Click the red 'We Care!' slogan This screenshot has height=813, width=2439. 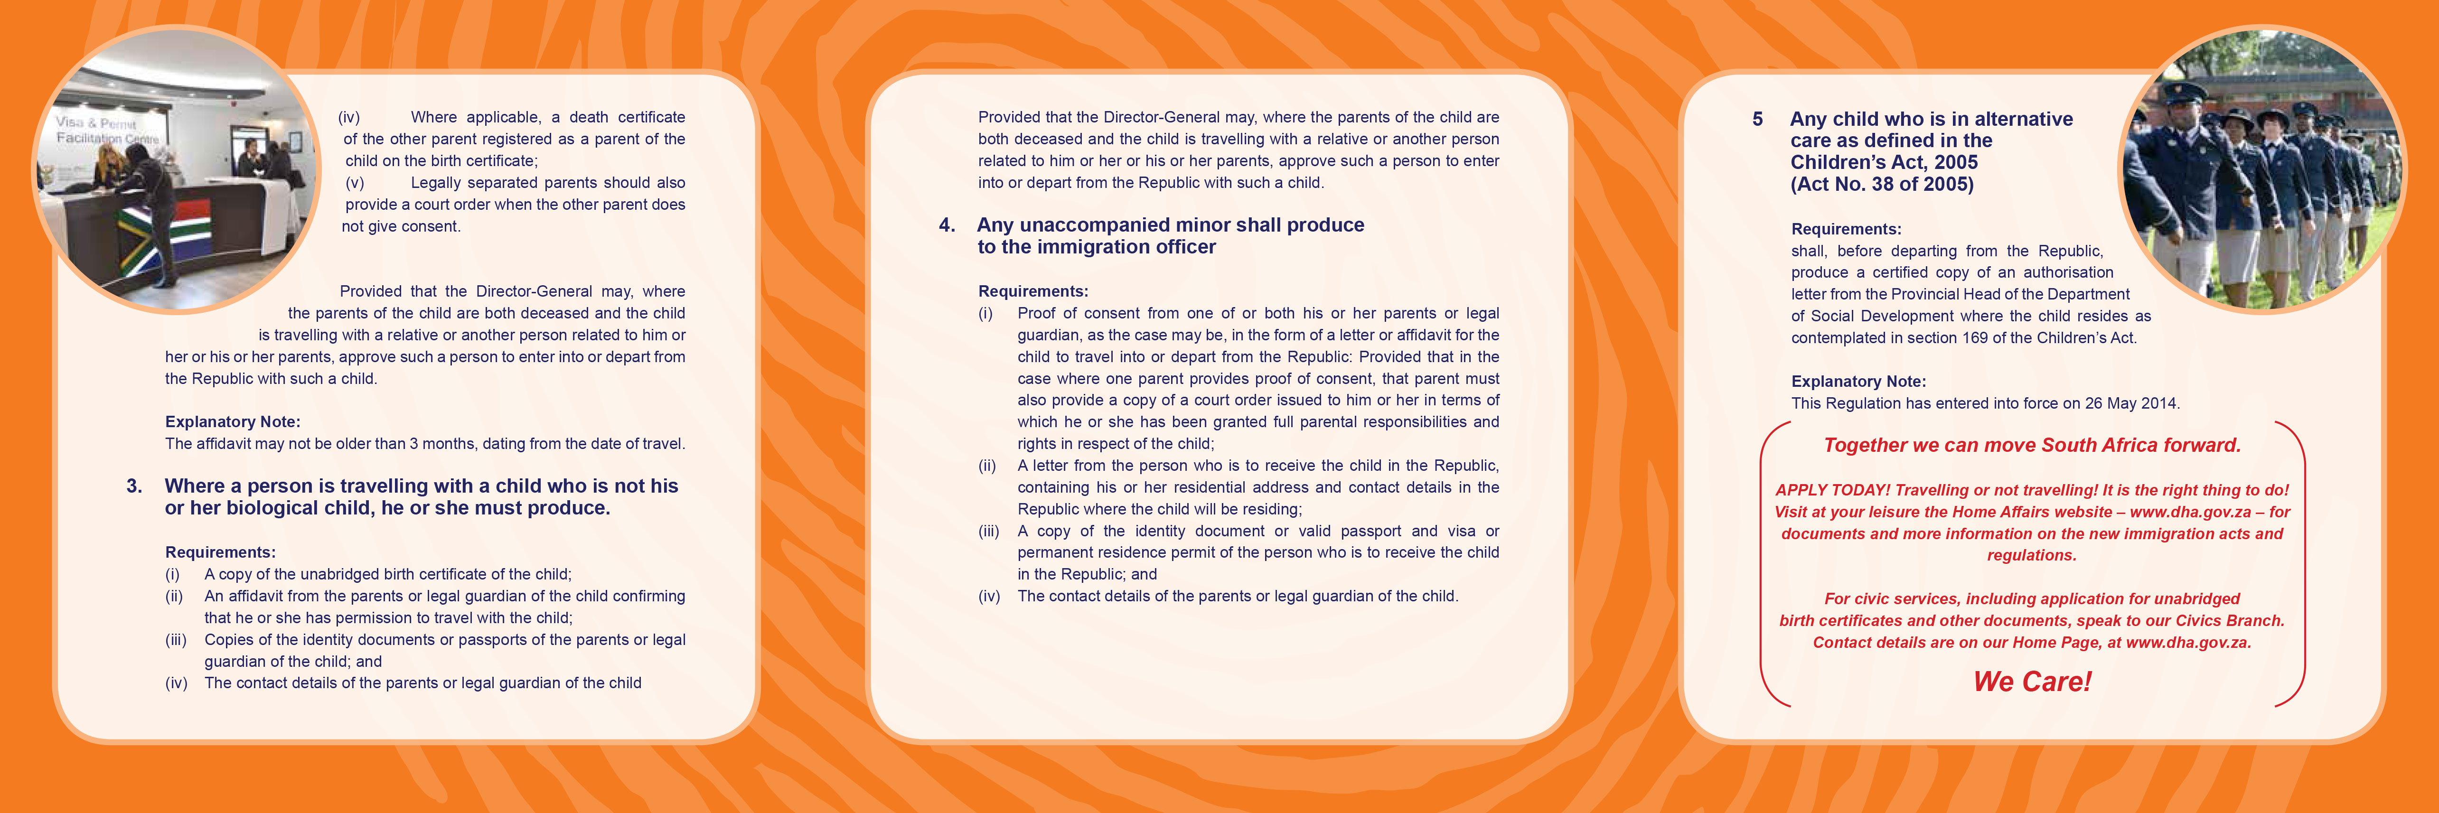point(2032,682)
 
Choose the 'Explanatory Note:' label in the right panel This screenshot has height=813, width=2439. point(1857,382)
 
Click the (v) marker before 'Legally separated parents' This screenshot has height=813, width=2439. point(355,183)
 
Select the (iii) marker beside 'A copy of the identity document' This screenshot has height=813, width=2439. point(988,531)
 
